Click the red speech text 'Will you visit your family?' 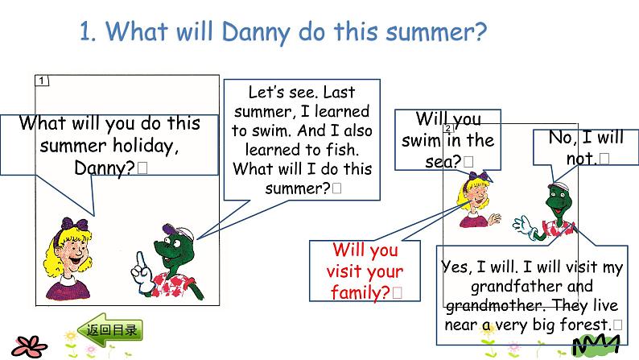tap(366, 271)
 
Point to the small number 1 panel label tap(43, 81)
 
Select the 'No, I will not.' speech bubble tap(579, 147)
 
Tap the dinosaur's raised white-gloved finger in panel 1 tap(142, 263)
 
